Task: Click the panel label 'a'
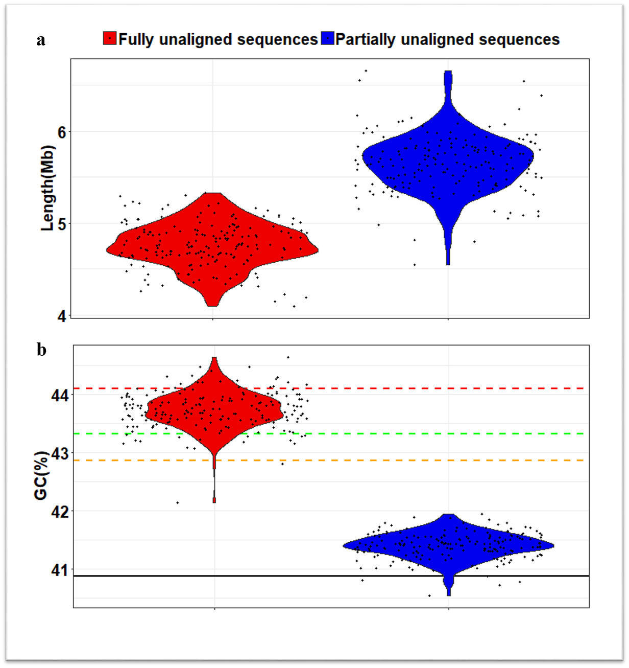pyautogui.click(x=41, y=40)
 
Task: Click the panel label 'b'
pyautogui.click(x=41, y=350)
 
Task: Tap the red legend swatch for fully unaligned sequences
pyautogui.click(x=110, y=38)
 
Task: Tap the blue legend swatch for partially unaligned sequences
pyautogui.click(x=327, y=38)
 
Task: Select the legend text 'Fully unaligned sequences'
pyautogui.click(x=218, y=39)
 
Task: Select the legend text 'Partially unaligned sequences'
pyautogui.click(x=447, y=39)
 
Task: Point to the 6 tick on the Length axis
pyautogui.click(x=62, y=132)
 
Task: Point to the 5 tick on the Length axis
pyautogui.click(x=62, y=224)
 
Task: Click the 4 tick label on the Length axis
pyautogui.click(x=62, y=316)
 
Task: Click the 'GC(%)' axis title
pyautogui.click(x=42, y=475)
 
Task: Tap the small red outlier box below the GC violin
pyautogui.click(x=214, y=500)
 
